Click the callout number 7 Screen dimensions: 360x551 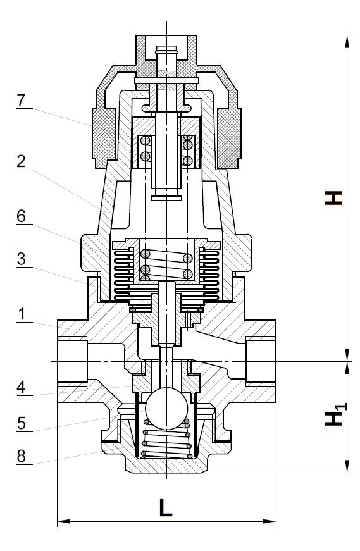(22, 101)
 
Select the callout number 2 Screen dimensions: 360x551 (22, 161)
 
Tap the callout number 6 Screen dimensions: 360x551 (22, 216)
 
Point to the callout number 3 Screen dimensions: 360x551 (22, 259)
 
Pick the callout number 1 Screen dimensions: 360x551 (22, 314)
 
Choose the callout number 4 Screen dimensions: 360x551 (22, 387)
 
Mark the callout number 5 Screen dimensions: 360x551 (22, 423)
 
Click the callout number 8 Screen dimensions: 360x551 (22, 456)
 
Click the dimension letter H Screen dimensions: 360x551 (333, 198)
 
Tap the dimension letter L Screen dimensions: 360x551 (166, 507)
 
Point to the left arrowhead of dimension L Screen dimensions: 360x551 (64, 521)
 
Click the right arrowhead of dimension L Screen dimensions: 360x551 (270, 521)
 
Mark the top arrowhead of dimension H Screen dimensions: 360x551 (347, 42)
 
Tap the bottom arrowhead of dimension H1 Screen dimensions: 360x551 (347, 466)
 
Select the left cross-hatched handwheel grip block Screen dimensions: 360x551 (104, 138)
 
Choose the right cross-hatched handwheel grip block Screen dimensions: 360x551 (229, 138)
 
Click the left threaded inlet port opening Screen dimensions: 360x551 (72, 361)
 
